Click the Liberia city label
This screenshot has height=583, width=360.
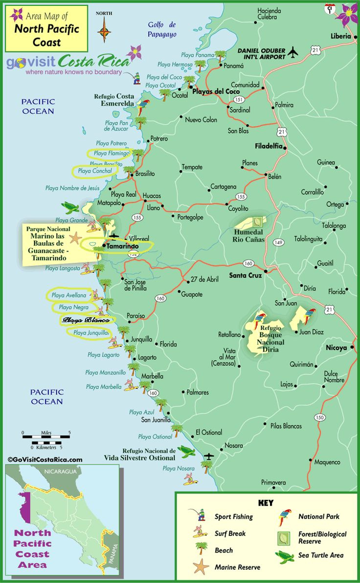341,36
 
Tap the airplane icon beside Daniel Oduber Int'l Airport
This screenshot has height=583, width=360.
293,52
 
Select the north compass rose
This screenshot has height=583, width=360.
104,30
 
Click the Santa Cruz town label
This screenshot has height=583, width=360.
246,276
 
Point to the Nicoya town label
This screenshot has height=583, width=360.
336,348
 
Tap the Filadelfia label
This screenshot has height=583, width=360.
269,146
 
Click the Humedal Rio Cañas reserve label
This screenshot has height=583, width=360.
248,236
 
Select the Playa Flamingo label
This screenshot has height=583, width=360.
112,153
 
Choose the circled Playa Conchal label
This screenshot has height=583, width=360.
95,171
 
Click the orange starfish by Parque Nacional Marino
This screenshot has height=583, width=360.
75,239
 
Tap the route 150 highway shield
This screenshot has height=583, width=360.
320,417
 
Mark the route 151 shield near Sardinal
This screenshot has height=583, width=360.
239,99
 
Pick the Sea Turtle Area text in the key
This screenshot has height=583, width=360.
321,555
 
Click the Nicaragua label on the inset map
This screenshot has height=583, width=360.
60,471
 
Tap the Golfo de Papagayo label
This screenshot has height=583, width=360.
162,29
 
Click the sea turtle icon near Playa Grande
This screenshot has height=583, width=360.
70,208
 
